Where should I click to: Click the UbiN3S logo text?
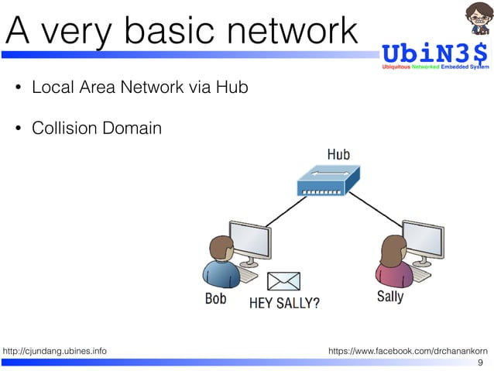click(x=435, y=54)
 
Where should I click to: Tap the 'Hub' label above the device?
click(x=338, y=154)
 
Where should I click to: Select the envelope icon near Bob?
click(x=283, y=280)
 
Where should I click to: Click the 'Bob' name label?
click(x=215, y=298)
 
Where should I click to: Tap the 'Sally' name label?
click(x=389, y=297)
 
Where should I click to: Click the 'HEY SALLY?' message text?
click(x=283, y=303)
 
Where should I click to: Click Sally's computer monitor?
click(x=422, y=242)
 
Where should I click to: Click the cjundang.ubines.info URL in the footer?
click(x=56, y=352)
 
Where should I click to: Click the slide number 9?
click(x=481, y=363)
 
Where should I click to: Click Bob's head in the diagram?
click(x=221, y=250)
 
